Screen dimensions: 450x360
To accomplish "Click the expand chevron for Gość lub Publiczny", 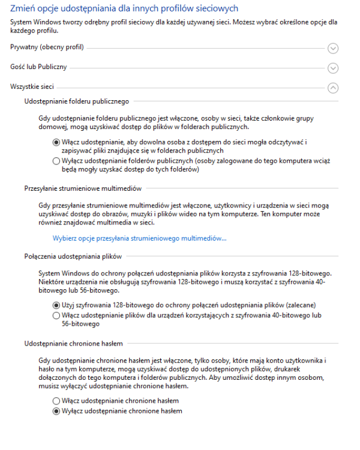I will pos(334,68).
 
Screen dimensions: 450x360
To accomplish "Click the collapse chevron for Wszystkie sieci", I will pos(334,88).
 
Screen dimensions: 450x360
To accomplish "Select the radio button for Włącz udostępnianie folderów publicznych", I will pos(56,142).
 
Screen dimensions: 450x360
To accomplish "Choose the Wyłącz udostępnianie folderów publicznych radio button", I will pos(56,161).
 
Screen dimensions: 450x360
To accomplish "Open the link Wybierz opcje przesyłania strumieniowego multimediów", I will pos(140,238).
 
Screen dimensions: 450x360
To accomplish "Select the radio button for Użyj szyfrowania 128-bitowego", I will pos(56,305).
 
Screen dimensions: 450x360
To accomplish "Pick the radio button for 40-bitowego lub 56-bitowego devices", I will pos(56,315).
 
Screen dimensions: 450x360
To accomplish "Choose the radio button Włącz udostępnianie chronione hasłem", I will pos(56,400).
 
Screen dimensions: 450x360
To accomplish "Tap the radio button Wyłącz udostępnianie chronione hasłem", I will pos(56,411).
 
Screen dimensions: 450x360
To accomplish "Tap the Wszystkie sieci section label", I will pos(32,87).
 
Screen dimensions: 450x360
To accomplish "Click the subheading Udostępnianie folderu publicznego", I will pos(76,102).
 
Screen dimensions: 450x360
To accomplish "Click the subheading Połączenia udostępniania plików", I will pos(73,257).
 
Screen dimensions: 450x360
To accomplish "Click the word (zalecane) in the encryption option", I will pos(302,305).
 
